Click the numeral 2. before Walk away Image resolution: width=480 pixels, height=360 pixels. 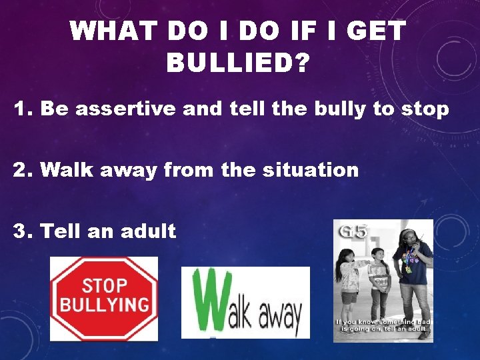pyautogui.click(x=23, y=170)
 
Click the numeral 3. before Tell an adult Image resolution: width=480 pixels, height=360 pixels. pyautogui.click(x=23, y=231)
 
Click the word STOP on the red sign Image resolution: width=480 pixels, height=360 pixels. pyautogui.click(x=104, y=286)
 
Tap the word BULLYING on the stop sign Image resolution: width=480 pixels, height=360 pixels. pyautogui.click(x=104, y=306)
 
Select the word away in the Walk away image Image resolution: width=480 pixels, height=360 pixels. pyautogui.click(x=275, y=313)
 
